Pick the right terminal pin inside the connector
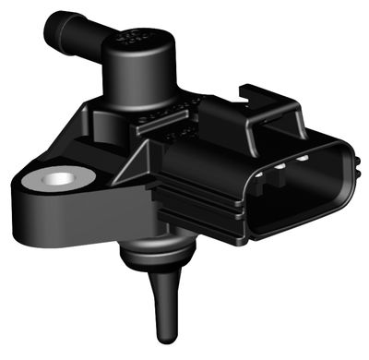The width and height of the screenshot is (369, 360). (302, 162)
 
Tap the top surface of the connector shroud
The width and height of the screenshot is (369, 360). (277, 129)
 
